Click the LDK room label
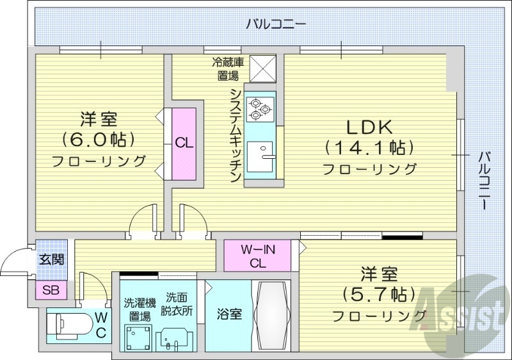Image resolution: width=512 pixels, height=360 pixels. click(369, 126)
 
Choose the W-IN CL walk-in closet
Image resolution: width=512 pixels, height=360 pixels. click(257, 256)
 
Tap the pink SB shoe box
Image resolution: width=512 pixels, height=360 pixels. click(51, 290)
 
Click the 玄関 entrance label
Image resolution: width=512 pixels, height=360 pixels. click(51, 260)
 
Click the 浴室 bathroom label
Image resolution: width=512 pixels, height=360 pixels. click(228, 315)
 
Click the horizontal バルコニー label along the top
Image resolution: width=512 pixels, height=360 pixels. click(276, 25)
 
